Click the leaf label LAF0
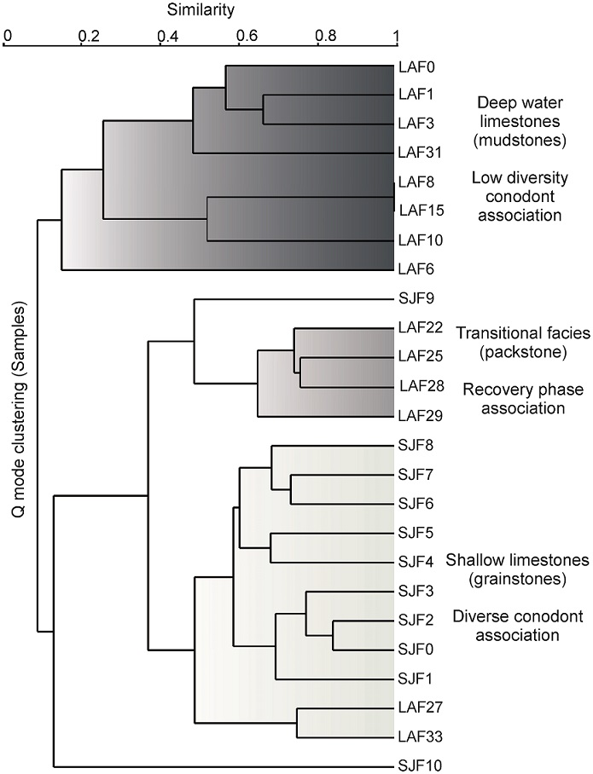tap(412, 66)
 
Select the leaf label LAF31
tap(416, 153)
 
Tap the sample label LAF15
tap(418, 209)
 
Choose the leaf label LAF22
tap(416, 328)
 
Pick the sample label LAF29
tap(416, 416)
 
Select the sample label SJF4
tap(412, 562)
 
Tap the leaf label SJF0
tap(412, 649)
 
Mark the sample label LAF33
tap(416, 736)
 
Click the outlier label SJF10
tap(416, 766)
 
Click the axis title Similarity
tap(202, 11)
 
